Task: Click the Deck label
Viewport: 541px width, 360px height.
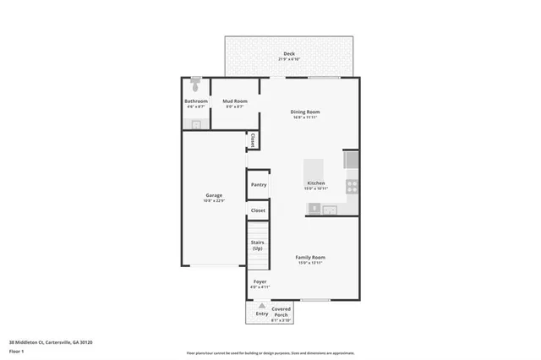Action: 289,53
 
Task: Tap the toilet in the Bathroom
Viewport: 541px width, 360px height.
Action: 196,85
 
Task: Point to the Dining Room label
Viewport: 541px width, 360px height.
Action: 305,112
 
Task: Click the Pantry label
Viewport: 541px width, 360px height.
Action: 258,184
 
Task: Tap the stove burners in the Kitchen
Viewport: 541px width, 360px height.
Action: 352,186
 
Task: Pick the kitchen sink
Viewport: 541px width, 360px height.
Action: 329,209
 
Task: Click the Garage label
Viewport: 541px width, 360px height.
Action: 213,195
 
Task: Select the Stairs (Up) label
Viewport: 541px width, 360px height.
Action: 257,245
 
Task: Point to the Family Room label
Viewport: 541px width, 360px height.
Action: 310,257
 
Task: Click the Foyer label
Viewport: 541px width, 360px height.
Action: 259,281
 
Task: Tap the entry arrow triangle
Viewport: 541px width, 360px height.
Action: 262,307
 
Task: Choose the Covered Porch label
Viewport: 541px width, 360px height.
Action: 281,312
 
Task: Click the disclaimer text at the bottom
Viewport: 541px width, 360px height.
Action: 270,352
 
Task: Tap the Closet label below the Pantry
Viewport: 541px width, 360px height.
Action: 258,210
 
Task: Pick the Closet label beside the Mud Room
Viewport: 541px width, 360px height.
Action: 253,140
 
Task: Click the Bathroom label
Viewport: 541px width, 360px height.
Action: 196,101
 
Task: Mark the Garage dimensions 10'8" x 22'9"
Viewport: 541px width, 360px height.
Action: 213,200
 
